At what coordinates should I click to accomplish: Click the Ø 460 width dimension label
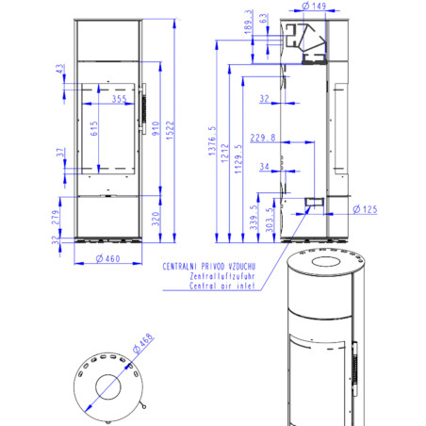pyautogui.click(x=107, y=258)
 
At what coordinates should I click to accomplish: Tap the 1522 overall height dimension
pyautogui.click(x=170, y=130)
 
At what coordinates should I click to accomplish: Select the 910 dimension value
pyautogui.click(x=156, y=128)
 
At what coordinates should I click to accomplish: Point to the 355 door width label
pyautogui.click(x=120, y=99)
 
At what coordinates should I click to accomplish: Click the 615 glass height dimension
pyautogui.click(x=94, y=128)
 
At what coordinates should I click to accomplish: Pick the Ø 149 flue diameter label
pyautogui.click(x=314, y=6)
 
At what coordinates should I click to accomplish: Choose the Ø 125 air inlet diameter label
pyautogui.click(x=365, y=209)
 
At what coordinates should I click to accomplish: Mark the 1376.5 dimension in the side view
pyautogui.click(x=212, y=140)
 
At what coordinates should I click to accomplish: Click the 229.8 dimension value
pyautogui.click(x=263, y=138)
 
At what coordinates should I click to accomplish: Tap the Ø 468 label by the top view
pyautogui.click(x=143, y=343)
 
